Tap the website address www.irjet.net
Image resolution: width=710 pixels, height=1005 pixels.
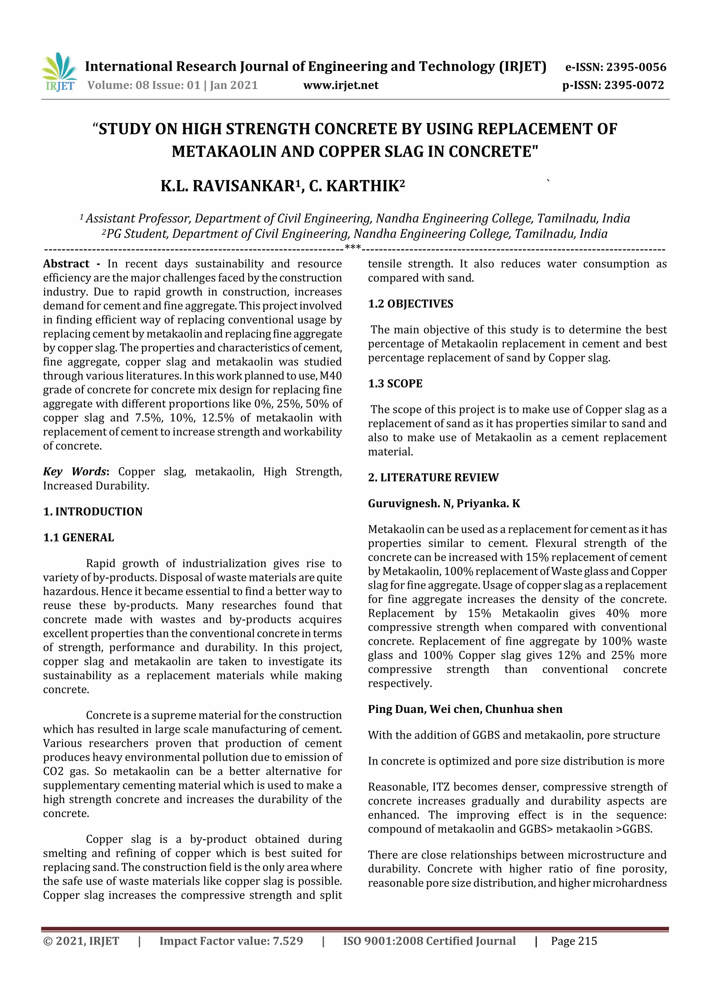(341, 85)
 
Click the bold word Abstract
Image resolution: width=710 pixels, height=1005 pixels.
(66, 264)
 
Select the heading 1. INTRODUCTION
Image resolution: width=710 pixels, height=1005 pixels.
(93, 511)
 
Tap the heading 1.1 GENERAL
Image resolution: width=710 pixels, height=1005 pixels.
(78, 537)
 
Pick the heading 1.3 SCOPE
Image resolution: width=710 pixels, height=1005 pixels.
(395, 383)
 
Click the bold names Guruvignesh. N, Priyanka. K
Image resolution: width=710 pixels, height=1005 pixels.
(444, 503)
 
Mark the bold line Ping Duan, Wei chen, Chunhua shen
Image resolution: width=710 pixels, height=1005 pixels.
(465, 709)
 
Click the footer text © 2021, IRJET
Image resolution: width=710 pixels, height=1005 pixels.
(81, 941)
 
